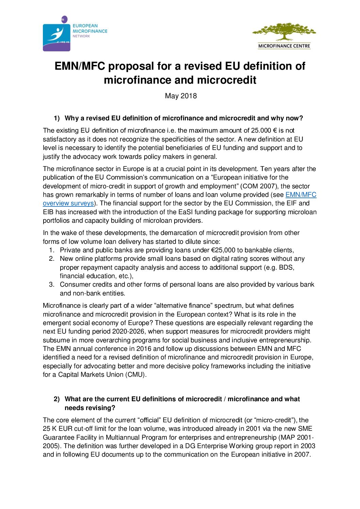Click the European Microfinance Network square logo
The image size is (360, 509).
[56, 36]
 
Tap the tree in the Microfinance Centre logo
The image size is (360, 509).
[284, 32]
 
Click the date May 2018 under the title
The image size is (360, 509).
[181, 96]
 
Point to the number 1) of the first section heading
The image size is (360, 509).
[56, 118]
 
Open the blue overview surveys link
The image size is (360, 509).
[68, 203]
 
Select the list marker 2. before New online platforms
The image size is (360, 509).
[52, 259]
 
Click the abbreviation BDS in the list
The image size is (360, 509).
[287, 268]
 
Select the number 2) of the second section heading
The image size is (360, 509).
[56, 399]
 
